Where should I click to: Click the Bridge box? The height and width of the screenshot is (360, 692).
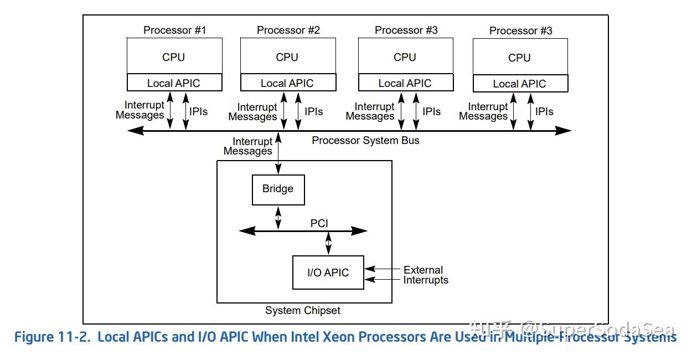point(278,189)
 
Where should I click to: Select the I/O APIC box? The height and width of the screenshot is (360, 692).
point(328,272)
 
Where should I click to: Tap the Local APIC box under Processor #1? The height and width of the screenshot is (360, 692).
point(174,83)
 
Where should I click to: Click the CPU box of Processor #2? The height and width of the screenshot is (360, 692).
point(287,56)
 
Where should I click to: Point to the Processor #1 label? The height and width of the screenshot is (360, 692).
point(174,30)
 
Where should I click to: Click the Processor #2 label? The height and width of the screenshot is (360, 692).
point(288,30)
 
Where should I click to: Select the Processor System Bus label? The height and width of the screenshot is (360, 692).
point(365,140)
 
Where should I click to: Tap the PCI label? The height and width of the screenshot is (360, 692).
point(319,223)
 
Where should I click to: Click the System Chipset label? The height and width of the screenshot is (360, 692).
point(302,310)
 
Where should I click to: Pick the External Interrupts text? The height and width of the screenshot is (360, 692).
point(425,275)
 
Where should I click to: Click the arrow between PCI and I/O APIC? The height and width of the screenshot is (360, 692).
point(328,243)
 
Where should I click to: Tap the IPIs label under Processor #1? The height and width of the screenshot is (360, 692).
point(198,111)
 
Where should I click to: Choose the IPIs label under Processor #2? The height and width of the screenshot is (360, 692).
point(313,111)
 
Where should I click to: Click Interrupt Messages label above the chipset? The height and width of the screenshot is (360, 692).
point(248,146)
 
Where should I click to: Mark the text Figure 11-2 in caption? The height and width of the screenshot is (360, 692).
point(51,337)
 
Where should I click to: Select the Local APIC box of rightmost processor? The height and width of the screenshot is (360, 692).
point(520,84)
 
